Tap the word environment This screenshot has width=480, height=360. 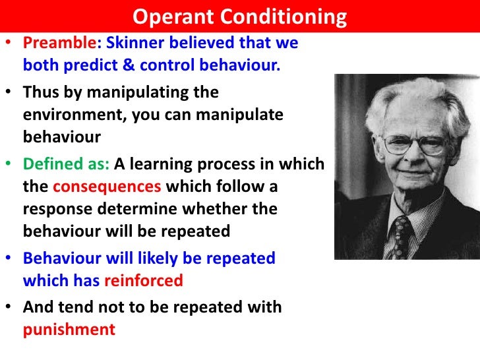pos(71,115)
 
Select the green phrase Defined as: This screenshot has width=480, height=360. pos(63,164)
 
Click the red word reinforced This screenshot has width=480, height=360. pos(142,281)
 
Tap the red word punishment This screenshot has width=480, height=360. pos(69,329)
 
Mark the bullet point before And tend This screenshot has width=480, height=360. pos(10,307)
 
